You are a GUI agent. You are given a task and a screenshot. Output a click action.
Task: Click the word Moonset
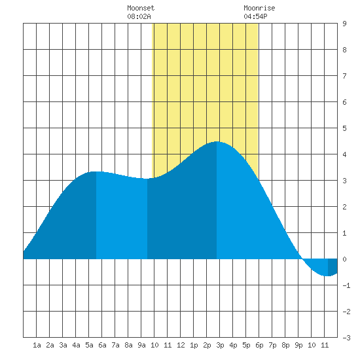coord(141,8)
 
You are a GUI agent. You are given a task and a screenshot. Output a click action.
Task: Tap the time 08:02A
coord(139,16)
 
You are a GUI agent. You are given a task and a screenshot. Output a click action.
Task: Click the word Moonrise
coord(259,8)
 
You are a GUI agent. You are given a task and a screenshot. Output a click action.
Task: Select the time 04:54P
coord(255,16)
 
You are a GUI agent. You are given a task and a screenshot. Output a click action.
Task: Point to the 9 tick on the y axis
coord(344,24)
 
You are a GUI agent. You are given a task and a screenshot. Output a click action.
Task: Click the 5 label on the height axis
coord(344,128)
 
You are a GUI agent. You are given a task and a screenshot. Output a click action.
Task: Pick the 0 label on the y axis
coord(344,259)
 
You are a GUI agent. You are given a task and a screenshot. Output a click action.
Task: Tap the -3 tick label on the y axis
coord(346,338)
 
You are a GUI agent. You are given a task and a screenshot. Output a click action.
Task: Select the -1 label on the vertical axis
coord(346,285)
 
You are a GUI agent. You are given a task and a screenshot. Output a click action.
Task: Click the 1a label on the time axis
coord(37,345)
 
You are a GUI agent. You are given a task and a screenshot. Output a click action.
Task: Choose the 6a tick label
coord(102,345)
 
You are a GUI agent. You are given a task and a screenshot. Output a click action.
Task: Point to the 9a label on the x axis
coord(141,345)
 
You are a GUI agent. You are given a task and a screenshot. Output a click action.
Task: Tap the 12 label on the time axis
coord(181,345)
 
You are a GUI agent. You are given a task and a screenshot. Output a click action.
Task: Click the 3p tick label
coord(220,345)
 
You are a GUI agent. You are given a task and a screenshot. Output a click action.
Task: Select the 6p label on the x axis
coord(259,345)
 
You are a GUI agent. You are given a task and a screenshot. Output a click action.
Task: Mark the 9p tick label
coord(298,345)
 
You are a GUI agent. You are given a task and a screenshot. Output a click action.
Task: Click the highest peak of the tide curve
coord(217,141)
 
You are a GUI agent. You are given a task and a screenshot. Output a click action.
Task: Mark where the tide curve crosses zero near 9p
coord(302,259)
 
